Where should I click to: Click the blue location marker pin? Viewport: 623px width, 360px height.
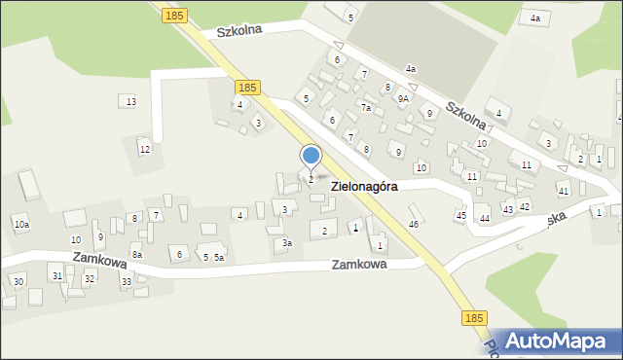(311, 157)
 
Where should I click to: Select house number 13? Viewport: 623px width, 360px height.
(130, 102)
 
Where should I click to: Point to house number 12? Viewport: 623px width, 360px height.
(144, 149)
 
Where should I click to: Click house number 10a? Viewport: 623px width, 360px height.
(21, 225)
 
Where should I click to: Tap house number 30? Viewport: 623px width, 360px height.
(18, 281)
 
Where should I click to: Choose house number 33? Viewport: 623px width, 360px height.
(126, 281)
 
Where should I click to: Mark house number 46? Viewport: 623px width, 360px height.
(414, 224)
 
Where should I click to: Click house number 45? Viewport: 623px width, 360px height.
(461, 215)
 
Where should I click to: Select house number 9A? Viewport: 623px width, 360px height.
(402, 98)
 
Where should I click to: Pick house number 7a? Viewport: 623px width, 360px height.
(366, 108)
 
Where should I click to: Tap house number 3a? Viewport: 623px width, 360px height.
(286, 242)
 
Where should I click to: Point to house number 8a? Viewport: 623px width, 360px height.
(137, 255)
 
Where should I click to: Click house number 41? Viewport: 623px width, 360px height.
(563, 190)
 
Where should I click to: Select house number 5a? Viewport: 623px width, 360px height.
(219, 257)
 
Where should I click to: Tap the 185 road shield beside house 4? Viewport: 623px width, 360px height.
(247, 88)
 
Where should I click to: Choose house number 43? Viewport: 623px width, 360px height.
(507, 209)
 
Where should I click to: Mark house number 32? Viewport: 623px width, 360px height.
(90, 278)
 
